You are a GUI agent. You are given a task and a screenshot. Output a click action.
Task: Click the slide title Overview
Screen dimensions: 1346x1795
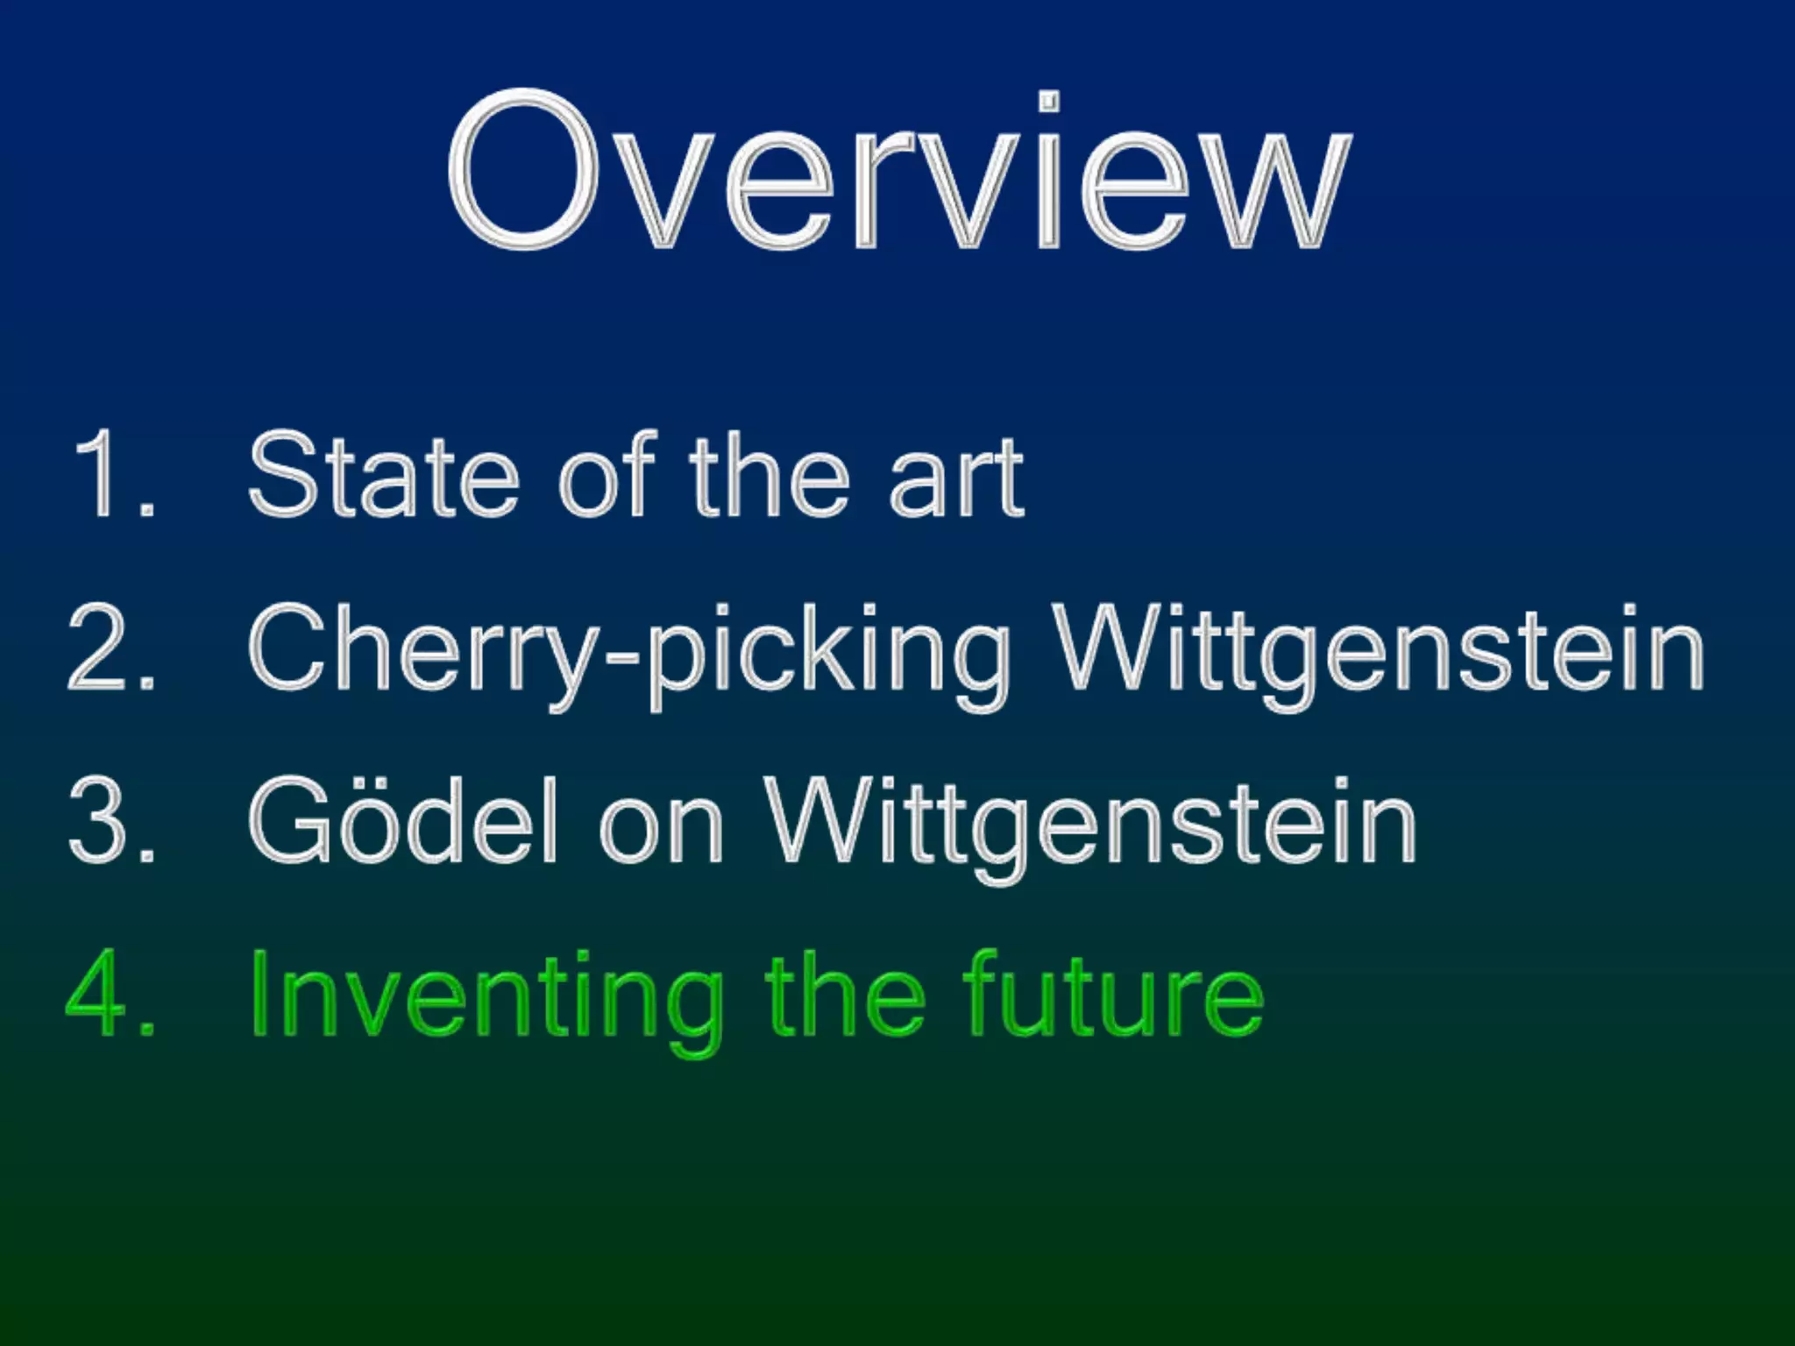[x=899, y=172]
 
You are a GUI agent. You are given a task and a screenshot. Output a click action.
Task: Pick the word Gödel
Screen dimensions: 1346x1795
[x=403, y=822]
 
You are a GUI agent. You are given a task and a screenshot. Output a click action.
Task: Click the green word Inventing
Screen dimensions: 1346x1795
[x=486, y=999]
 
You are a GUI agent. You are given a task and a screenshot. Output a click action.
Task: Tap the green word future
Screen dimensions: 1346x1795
[x=1113, y=995]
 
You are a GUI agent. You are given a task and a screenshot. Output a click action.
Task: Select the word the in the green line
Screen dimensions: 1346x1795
[x=845, y=995]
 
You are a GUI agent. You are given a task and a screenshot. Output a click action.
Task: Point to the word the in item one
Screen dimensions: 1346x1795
[x=770, y=475]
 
